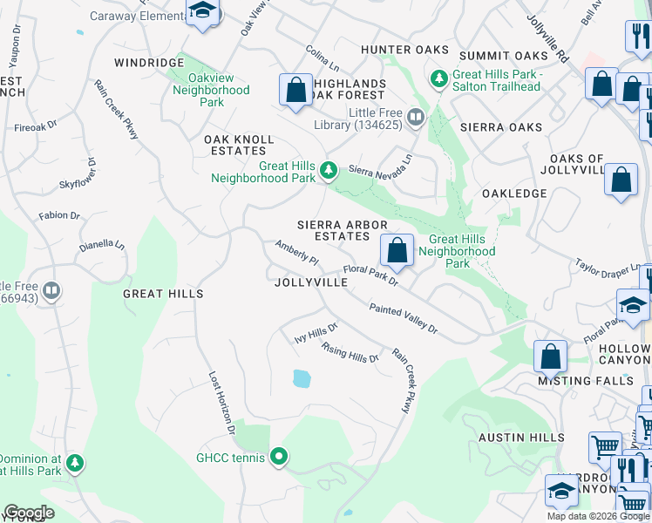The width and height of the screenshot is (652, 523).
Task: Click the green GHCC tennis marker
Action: click(279, 456)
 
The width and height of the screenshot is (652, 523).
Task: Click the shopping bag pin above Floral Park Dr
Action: click(397, 251)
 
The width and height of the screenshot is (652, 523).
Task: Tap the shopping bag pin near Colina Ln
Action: click(296, 91)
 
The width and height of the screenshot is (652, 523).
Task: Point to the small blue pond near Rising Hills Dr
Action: click(302, 378)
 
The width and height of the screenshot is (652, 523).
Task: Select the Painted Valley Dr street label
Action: click(403, 318)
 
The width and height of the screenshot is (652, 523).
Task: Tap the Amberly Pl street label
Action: click(297, 255)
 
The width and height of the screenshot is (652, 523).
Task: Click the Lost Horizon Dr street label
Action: click(221, 403)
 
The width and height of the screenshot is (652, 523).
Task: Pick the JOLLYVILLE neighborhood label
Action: click(311, 283)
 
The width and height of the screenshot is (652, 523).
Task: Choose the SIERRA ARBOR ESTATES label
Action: click(342, 230)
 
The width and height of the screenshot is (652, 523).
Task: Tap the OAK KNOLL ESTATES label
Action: click(239, 145)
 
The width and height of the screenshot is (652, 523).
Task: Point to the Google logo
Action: click(29, 513)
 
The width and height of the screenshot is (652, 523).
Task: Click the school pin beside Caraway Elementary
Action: click(203, 12)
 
